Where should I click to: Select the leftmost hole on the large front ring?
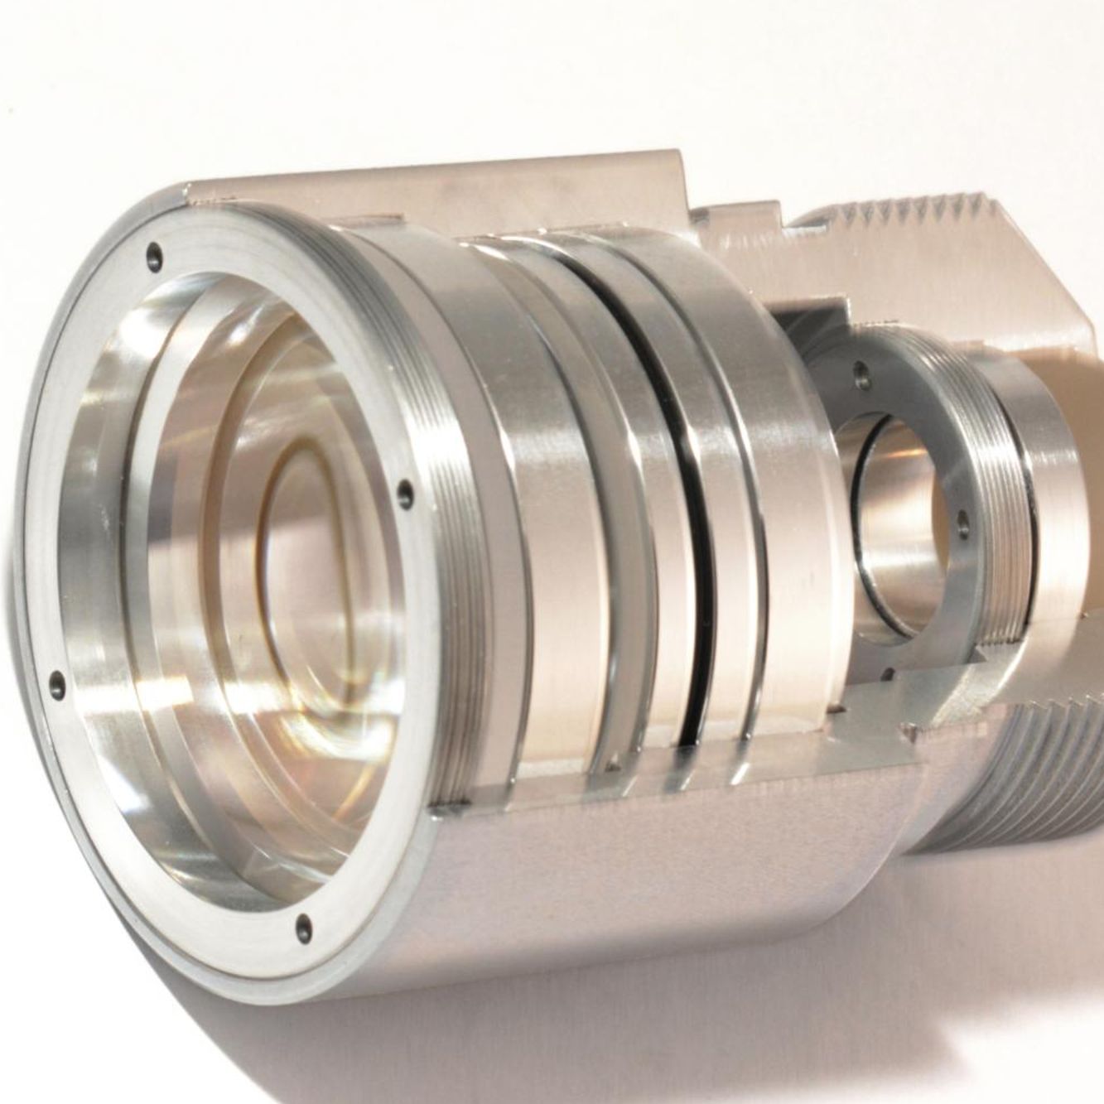tap(56, 684)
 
